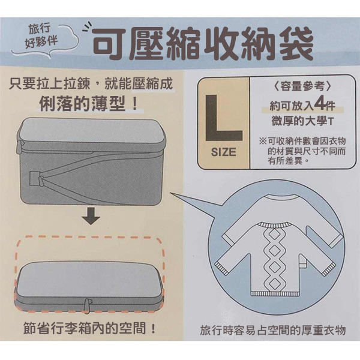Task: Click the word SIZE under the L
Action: tap(224, 152)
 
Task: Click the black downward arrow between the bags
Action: tap(91, 217)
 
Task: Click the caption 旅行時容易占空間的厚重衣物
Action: tap(273, 331)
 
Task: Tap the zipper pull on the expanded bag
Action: tap(34, 179)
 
